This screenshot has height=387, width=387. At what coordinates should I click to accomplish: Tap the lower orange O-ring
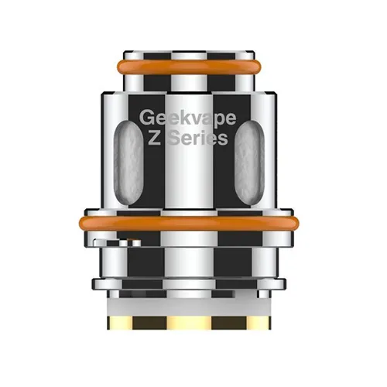coord(193,223)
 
